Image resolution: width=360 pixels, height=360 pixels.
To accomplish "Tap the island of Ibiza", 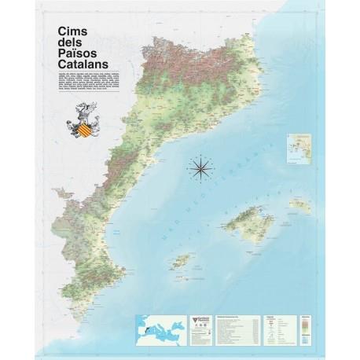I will pos(182,260).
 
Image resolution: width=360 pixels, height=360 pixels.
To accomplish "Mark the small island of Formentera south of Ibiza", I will pos(187,274).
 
